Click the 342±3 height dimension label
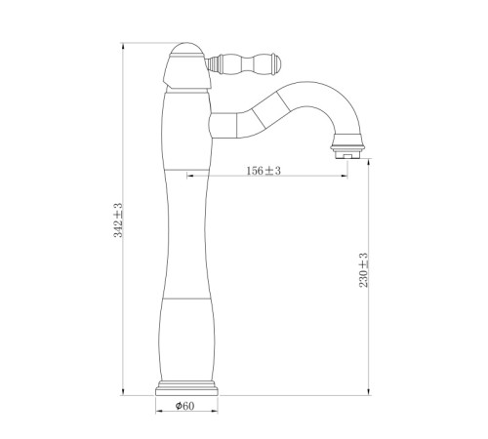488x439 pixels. coord(118,220)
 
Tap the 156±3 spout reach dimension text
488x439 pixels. coord(264,171)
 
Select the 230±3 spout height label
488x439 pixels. coord(363,270)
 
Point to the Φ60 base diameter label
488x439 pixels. coord(184,406)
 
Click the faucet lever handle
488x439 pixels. coord(243,62)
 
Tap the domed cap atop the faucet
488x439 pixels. coord(187,50)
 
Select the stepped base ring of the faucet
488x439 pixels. coord(187,387)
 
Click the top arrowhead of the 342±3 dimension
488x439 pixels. coord(123,47)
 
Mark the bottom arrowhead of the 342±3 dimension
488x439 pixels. coord(123,392)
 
